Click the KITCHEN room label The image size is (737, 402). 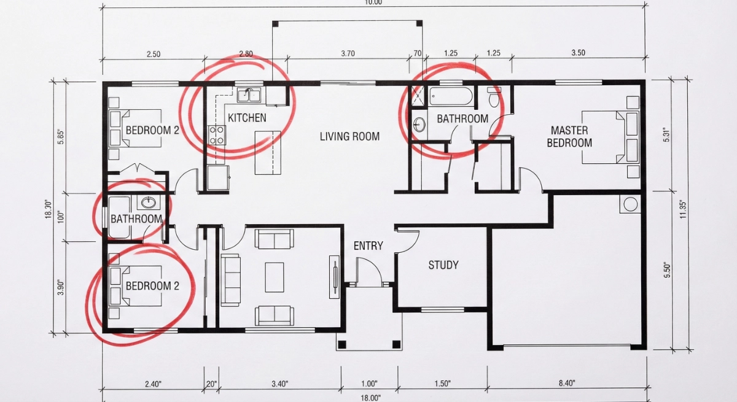point(247,117)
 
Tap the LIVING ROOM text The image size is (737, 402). point(349,136)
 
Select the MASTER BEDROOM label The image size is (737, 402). point(569,136)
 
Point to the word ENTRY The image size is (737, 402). point(368,245)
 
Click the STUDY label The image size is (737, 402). point(443,265)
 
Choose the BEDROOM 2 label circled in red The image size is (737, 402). point(152,286)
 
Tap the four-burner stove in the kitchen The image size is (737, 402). point(217,134)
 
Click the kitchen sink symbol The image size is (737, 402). point(249,95)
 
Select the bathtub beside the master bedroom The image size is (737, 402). point(451,96)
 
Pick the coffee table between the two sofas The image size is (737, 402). point(275,277)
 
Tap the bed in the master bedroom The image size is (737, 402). point(611,137)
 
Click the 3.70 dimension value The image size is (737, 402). point(348,53)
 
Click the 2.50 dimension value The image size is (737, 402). point(154,54)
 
